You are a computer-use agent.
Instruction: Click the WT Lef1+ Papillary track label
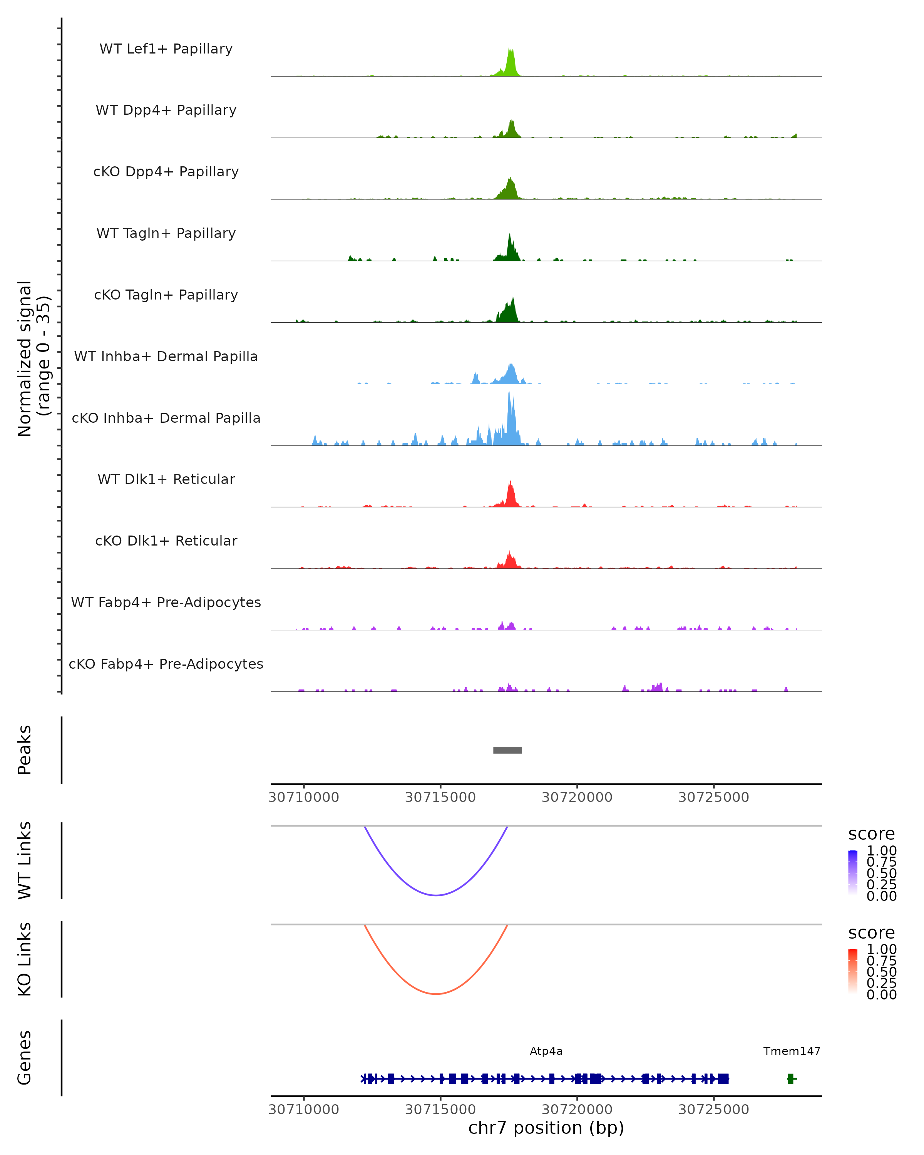[x=166, y=49]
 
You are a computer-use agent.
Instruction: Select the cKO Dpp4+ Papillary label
[x=166, y=172]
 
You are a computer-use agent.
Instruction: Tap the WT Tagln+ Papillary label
[x=166, y=234]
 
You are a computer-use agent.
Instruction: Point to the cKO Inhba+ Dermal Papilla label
[x=166, y=418]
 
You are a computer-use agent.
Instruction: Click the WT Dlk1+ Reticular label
[x=166, y=479]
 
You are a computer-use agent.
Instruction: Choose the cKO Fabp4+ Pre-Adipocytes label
[x=166, y=664]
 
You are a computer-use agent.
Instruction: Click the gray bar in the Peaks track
[x=507, y=750]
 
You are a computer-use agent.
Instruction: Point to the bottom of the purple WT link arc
[x=437, y=895]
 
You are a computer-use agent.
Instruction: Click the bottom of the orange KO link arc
[x=437, y=994]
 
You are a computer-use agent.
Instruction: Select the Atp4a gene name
[x=546, y=1051]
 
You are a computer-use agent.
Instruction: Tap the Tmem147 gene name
[x=791, y=1051]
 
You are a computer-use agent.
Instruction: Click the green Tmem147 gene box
[x=790, y=1078]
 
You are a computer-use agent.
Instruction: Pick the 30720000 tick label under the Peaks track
[x=577, y=797]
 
